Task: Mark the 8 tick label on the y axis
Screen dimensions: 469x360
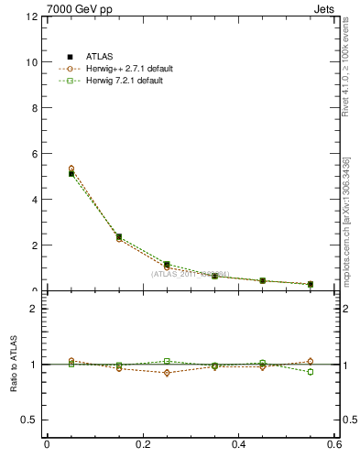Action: click(33, 108)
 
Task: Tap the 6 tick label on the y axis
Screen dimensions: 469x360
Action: click(33, 154)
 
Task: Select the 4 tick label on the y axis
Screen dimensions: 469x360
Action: click(33, 200)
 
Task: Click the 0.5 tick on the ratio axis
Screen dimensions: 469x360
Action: click(28, 420)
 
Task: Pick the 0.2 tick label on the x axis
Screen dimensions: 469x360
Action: click(142, 444)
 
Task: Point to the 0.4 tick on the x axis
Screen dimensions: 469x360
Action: click(238, 444)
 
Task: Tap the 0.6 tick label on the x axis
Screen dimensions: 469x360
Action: click(334, 444)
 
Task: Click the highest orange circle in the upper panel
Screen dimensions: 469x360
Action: click(71, 169)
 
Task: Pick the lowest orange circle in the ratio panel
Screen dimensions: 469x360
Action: click(167, 373)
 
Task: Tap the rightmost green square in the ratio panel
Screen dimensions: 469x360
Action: click(311, 372)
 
